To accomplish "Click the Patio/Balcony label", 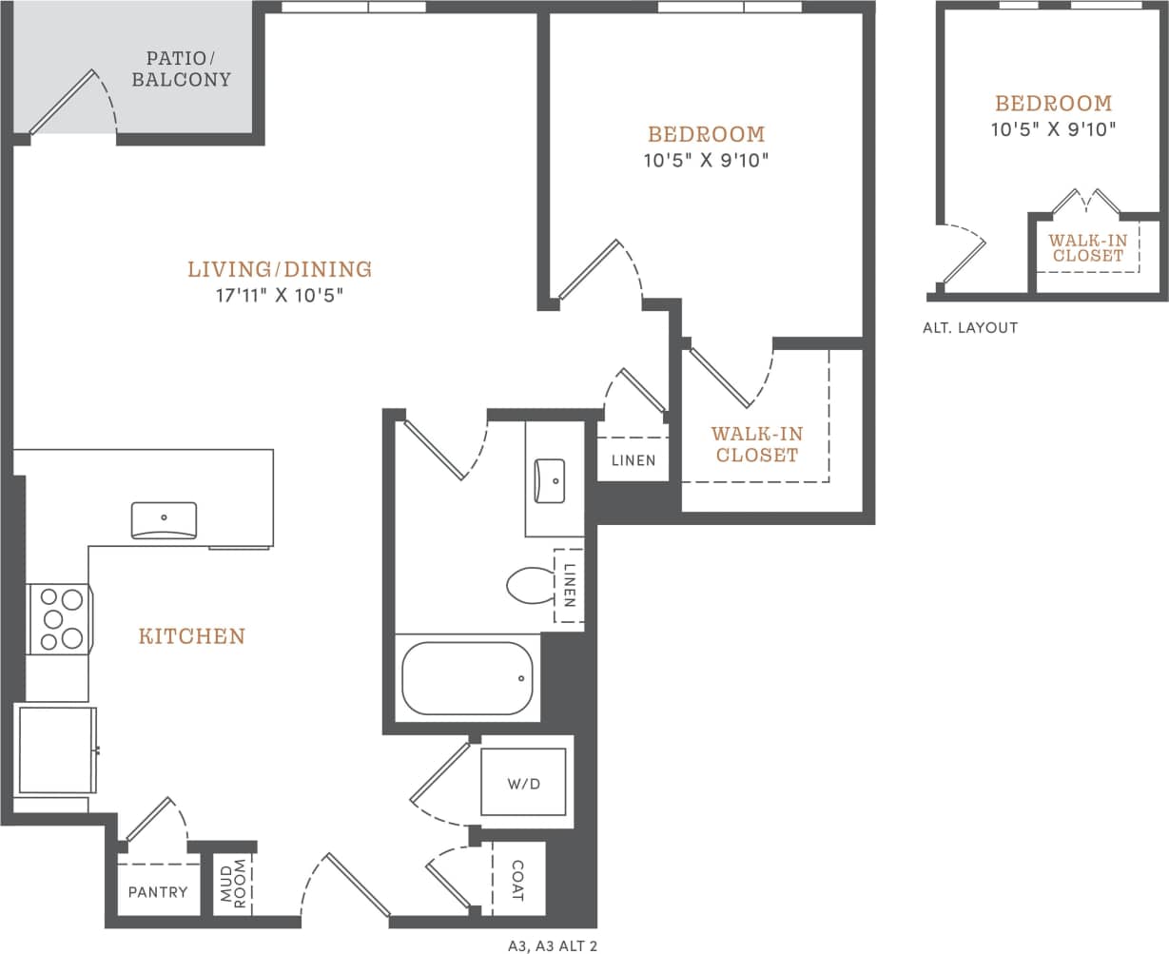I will [x=181, y=68].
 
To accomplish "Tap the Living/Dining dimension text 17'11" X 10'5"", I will [x=279, y=296].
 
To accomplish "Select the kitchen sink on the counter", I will [x=164, y=520].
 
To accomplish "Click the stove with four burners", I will [x=60, y=619].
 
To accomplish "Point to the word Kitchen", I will [x=192, y=636].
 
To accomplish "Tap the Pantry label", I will [x=158, y=892].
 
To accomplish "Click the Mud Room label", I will [x=233, y=884].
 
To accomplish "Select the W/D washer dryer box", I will [x=523, y=783].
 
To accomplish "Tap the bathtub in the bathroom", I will [x=466, y=678].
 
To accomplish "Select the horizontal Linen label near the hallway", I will [x=633, y=460].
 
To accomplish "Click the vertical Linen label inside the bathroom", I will [x=569, y=587].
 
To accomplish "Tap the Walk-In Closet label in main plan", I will [x=757, y=444].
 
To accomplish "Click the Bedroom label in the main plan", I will [x=706, y=134].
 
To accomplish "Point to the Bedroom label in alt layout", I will [x=1053, y=104].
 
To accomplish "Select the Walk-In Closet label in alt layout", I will [x=1088, y=248].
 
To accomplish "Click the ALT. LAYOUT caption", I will [x=970, y=328].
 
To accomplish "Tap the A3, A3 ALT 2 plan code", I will [x=553, y=945].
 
